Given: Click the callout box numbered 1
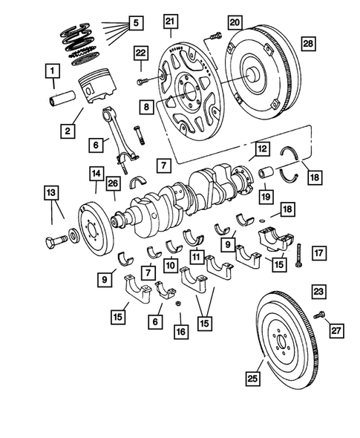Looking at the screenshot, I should coord(51,72).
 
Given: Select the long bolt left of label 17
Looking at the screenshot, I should coord(298,254).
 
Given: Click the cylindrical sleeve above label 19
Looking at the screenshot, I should coord(266,177).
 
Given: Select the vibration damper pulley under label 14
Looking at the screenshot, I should coord(94,226).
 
